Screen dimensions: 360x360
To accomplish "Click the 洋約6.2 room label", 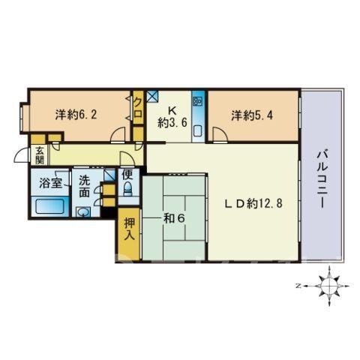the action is coord(76,115).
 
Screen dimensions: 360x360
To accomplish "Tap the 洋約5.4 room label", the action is coord(252,115).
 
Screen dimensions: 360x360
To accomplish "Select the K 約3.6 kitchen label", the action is coord(172,117).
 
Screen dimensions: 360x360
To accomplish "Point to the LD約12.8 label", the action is coord(253,203).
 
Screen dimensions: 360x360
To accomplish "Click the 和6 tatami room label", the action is coord(174,219).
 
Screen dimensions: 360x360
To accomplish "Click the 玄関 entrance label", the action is coord(39,155).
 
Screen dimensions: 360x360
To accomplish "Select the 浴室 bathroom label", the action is coord(50,183).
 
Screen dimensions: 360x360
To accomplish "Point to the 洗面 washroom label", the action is coord(84,187).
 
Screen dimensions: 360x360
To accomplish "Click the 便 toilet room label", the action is coord(127,175).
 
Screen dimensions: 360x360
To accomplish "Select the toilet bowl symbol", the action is coord(128,189).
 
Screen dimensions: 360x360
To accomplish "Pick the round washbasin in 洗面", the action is coord(82,212).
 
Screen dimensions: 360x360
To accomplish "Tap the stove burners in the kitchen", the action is coord(199,100).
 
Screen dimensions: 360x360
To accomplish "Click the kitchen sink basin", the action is coord(198,130).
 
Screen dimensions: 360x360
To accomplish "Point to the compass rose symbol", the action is coord(329,286).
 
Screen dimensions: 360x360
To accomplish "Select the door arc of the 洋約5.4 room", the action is coord(220,135).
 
